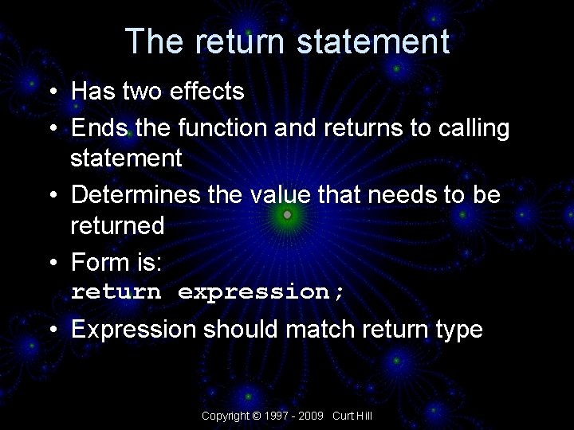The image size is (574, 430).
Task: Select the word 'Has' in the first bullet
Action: point(94,92)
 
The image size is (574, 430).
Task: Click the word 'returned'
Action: point(117,226)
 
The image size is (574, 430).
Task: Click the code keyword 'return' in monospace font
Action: point(116,291)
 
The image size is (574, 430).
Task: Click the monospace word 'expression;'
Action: point(261,292)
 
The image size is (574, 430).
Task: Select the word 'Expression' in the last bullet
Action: point(133,330)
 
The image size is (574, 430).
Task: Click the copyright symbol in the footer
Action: point(256,416)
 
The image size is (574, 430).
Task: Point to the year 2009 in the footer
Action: point(312,416)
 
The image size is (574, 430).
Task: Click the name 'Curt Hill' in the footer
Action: point(352,416)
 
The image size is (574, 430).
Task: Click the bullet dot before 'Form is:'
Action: point(52,262)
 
